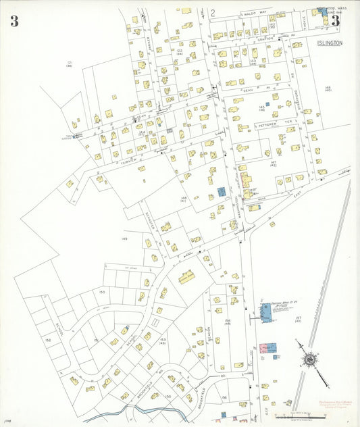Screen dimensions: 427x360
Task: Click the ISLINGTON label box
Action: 330,43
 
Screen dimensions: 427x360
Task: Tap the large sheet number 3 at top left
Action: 14,21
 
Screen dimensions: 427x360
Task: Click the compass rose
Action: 309,360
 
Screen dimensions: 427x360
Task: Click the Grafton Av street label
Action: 265,39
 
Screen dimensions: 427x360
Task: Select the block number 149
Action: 124,238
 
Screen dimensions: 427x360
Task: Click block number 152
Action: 48,339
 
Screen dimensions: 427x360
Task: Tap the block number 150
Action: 102,292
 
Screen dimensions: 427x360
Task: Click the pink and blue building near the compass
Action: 268,348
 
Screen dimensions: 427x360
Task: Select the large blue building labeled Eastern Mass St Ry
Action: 265,312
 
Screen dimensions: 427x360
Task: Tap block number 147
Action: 274,164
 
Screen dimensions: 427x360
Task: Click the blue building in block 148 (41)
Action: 221,193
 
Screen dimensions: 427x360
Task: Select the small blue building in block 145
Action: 267,104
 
